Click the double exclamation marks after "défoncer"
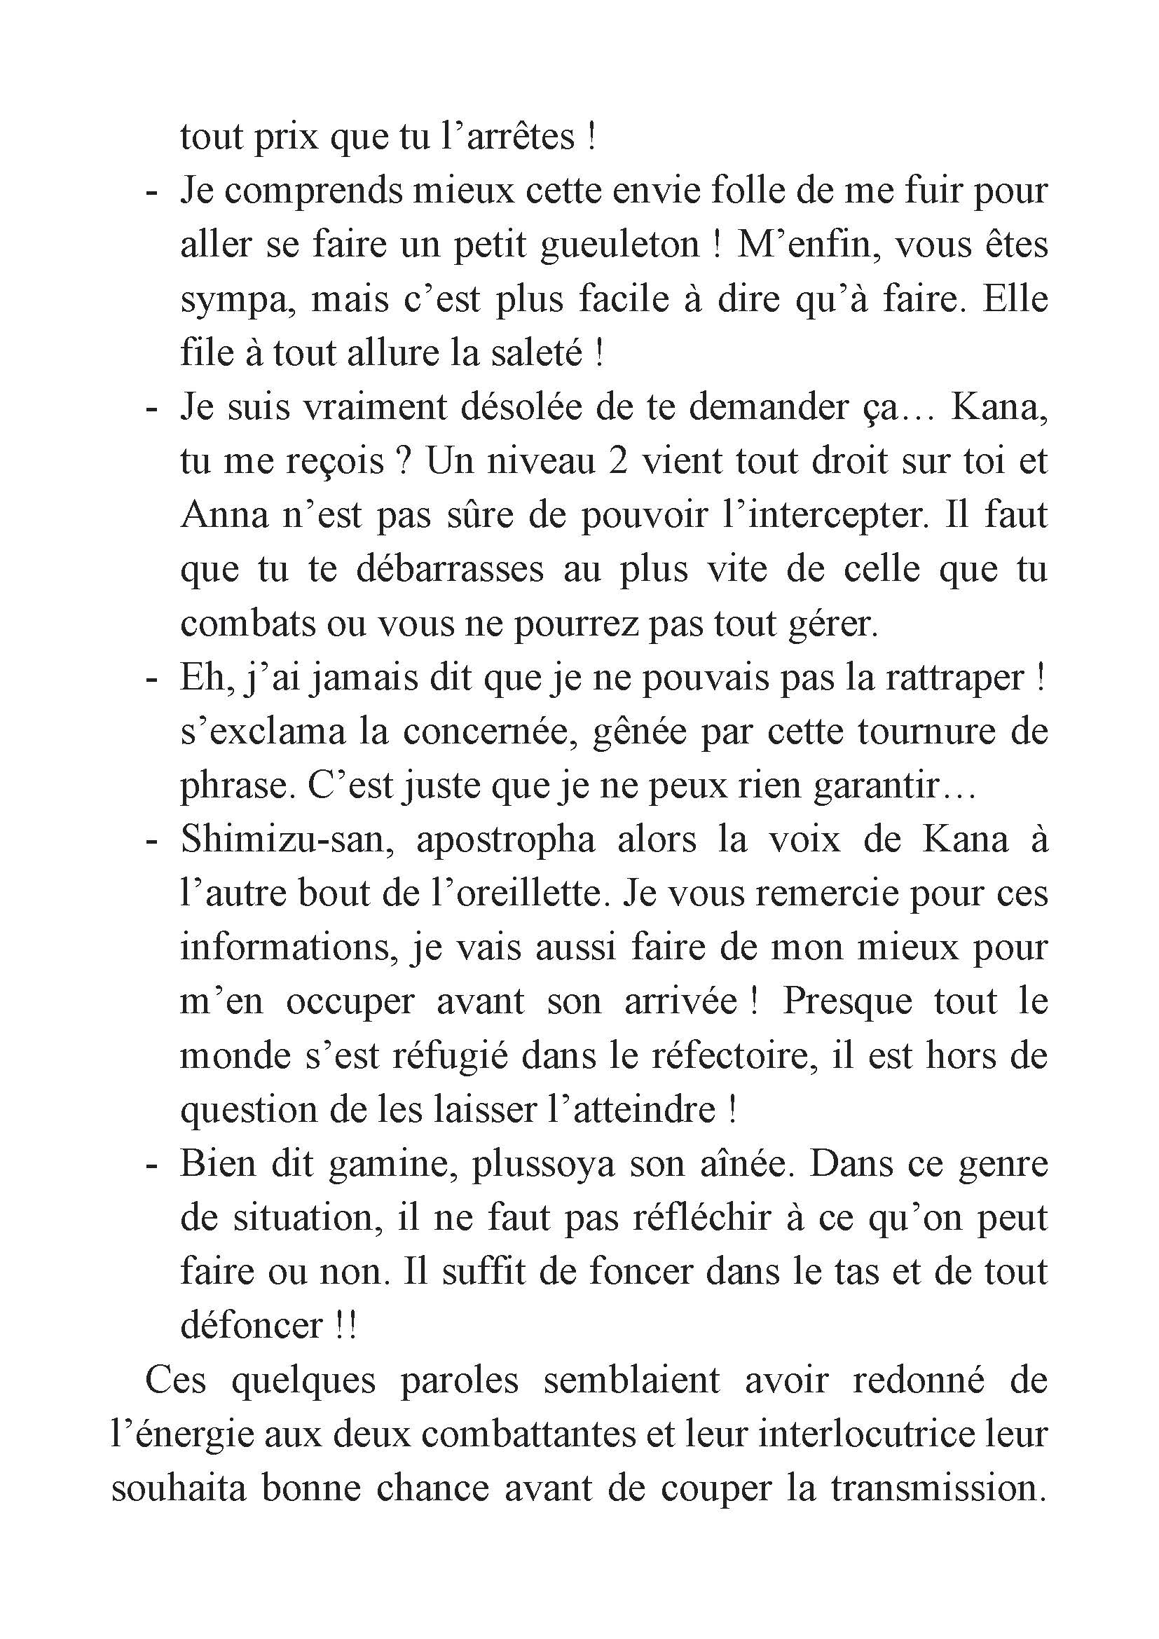tap(345, 1326)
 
